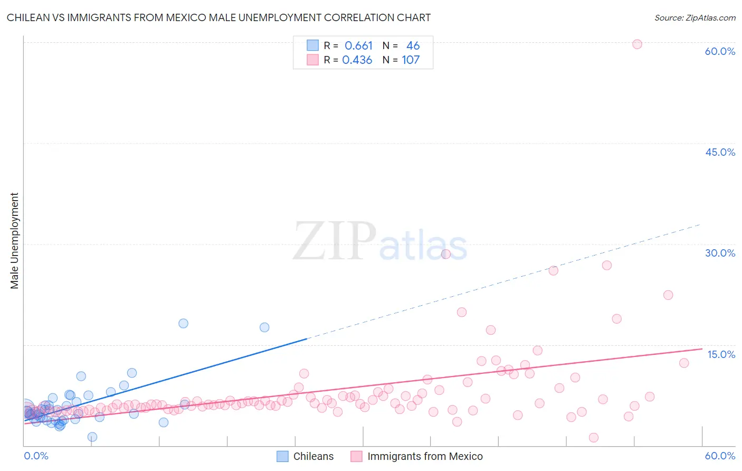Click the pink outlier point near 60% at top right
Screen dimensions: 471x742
click(x=637, y=44)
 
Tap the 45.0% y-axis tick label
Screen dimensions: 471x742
click(x=720, y=152)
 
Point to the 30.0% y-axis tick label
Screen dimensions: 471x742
click(x=720, y=253)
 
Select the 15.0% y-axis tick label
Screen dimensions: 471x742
click(x=721, y=354)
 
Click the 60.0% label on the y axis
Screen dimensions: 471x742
click(x=720, y=51)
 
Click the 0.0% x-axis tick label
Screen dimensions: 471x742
click(x=36, y=456)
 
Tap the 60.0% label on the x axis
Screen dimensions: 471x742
click(x=720, y=456)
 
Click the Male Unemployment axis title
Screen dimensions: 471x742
click(x=15, y=241)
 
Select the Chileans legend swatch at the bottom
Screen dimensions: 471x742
click(x=283, y=457)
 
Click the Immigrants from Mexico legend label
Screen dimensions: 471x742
click(x=425, y=457)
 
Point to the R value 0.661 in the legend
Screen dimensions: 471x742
click(x=358, y=46)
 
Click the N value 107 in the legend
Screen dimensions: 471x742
click(x=411, y=60)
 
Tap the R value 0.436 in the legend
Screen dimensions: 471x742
click(x=357, y=60)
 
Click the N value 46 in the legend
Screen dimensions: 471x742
click(x=413, y=46)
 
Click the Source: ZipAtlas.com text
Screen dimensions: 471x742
click(x=695, y=18)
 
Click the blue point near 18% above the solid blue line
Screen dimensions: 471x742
click(x=183, y=323)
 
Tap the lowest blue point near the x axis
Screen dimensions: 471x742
click(x=92, y=437)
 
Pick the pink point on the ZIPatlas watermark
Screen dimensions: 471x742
click(x=445, y=254)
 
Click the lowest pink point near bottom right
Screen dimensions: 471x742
click(x=594, y=438)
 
